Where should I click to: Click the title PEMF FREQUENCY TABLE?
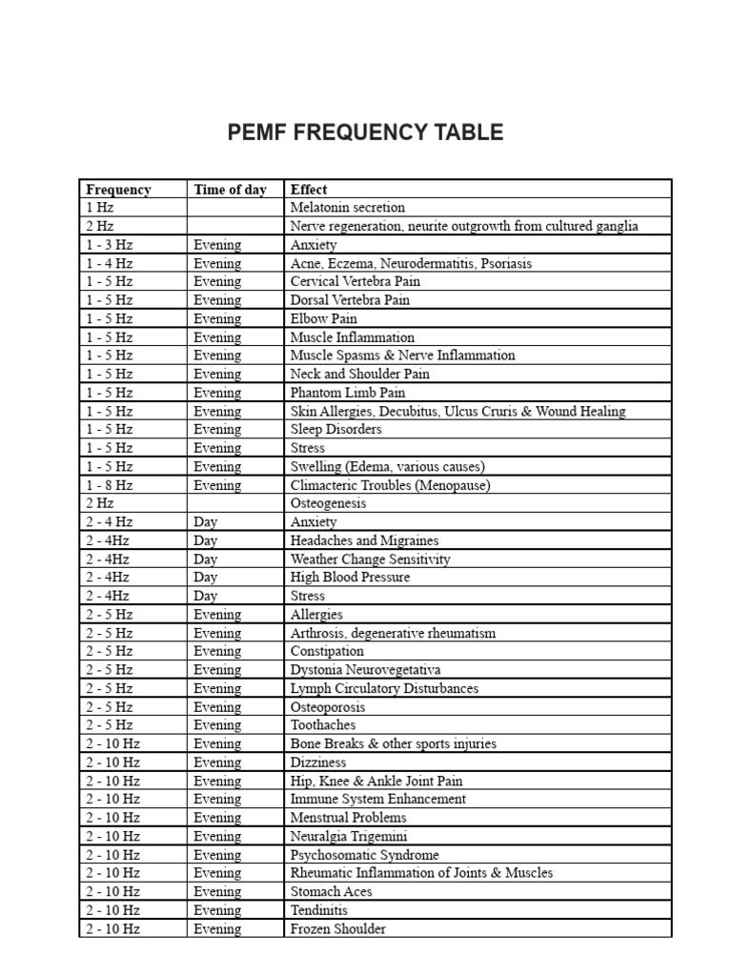click(x=365, y=133)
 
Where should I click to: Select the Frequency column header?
click(x=118, y=190)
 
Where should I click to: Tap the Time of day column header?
click(x=230, y=190)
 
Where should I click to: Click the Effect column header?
click(x=309, y=190)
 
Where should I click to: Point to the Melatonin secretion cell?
click(x=347, y=208)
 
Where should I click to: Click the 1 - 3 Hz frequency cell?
click(x=110, y=245)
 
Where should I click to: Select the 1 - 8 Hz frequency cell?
click(x=110, y=485)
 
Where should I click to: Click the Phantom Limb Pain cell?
click(x=347, y=393)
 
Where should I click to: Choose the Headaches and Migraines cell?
click(x=364, y=540)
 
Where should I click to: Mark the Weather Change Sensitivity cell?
click(x=370, y=559)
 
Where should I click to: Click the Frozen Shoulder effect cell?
click(x=337, y=929)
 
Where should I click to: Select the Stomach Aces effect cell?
click(x=331, y=892)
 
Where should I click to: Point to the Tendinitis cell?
click(x=319, y=910)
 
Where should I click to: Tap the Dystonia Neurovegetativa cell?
click(x=365, y=670)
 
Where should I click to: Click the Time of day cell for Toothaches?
click(x=217, y=725)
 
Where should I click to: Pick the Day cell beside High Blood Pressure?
click(x=205, y=578)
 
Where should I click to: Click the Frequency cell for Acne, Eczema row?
click(x=110, y=263)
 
